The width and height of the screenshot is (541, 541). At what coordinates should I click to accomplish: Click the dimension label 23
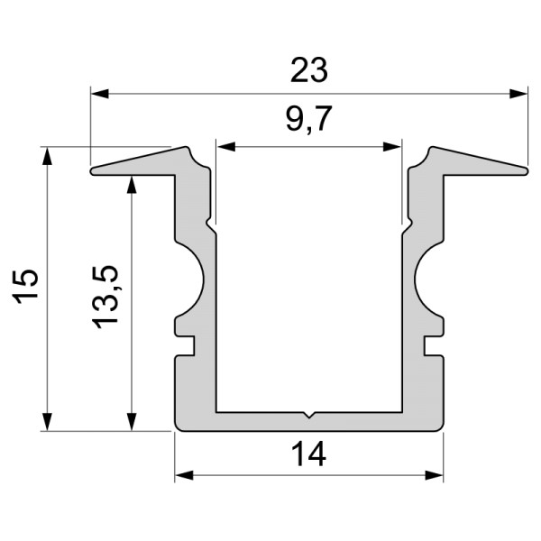309,69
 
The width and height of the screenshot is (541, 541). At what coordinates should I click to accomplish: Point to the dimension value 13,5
105,297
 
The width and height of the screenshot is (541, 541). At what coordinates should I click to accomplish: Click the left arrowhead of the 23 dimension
99,92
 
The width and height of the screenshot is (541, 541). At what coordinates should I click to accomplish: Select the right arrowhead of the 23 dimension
518,92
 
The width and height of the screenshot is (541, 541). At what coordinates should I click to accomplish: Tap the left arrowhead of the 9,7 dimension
225,145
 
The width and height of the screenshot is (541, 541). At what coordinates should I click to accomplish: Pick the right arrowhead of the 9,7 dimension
393,145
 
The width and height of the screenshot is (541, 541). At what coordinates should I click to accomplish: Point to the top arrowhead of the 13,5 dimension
133,184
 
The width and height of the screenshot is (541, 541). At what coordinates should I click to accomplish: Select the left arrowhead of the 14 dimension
183,475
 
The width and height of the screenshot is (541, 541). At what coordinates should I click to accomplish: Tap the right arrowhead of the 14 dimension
436,475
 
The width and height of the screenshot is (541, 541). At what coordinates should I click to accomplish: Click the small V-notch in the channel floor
309,416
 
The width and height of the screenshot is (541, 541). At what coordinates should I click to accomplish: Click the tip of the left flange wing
93,169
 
